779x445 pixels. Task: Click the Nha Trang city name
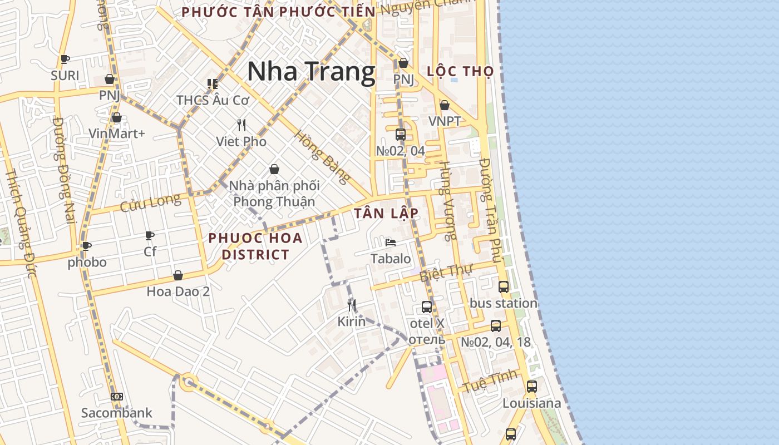(x=311, y=72)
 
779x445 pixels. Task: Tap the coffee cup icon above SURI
(x=65, y=59)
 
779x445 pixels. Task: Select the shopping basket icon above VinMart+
(x=117, y=117)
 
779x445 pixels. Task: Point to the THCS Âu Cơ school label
(x=213, y=100)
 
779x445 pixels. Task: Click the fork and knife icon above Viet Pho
(x=241, y=125)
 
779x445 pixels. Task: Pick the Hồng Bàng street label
(x=323, y=157)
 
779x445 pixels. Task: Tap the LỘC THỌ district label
(x=460, y=71)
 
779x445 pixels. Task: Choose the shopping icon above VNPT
(x=444, y=105)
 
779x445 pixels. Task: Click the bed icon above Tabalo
(x=391, y=243)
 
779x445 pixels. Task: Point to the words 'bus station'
(x=504, y=303)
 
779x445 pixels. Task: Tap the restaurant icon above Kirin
(x=352, y=305)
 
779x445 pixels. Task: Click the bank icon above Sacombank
(x=117, y=397)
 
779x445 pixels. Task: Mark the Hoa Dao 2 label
(x=178, y=291)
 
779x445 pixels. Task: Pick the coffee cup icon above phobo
(x=87, y=246)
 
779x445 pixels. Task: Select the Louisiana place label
(x=531, y=403)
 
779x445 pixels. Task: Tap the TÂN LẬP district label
(x=386, y=214)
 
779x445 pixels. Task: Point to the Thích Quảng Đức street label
(x=21, y=222)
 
